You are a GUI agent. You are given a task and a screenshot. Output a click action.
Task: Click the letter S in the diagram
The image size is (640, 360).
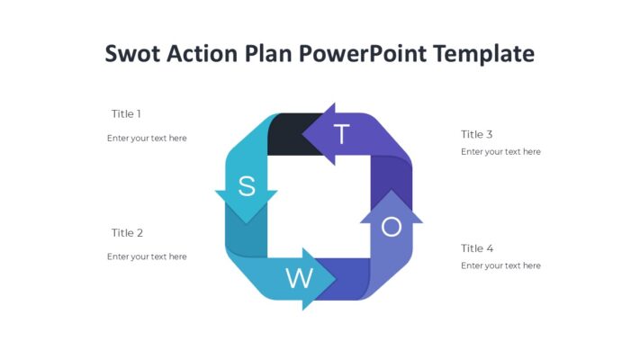click(246, 186)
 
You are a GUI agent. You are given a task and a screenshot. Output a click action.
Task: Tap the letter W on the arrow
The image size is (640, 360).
click(299, 278)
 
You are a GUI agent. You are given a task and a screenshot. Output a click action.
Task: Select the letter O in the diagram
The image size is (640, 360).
click(392, 228)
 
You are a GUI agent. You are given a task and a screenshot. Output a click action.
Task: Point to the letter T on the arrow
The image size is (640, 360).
click(341, 134)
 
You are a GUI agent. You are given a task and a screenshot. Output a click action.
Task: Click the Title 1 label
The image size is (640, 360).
click(126, 114)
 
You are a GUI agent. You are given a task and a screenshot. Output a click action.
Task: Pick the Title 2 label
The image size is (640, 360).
click(127, 233)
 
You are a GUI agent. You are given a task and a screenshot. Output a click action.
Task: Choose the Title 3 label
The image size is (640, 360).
click(477, 134)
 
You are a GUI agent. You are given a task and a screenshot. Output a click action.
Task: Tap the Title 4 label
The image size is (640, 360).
click(477, 248)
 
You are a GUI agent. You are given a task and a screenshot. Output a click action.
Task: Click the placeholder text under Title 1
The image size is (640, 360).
click(147, 139)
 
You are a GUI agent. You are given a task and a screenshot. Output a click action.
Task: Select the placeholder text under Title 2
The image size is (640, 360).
click(147, 256)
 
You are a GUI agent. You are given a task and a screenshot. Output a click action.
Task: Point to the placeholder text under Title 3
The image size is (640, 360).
click(500, 152)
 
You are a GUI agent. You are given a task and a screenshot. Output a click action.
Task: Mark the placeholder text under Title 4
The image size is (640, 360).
click(500, 265)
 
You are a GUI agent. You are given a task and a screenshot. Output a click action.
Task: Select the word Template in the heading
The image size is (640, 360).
click(484, 54)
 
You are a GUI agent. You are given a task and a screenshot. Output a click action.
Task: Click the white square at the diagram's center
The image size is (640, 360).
click(319, 206)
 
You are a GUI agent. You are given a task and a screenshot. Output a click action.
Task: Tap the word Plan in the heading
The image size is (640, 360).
click(268, 54)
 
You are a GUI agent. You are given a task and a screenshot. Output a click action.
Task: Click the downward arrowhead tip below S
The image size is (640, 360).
click(246, 221)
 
